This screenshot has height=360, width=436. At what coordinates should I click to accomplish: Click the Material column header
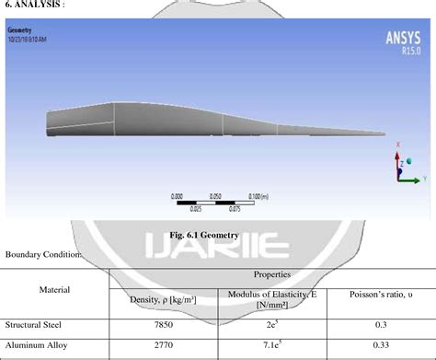(x=55, y=289)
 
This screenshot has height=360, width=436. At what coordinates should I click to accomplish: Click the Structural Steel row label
(x=34, y=324)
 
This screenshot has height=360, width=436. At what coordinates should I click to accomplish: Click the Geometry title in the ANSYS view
(x=19, y=30)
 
